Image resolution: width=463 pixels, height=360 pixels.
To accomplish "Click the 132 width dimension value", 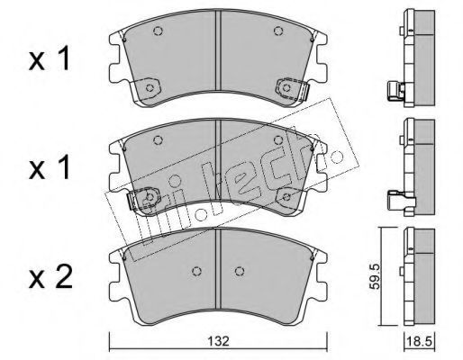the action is coord(219,341).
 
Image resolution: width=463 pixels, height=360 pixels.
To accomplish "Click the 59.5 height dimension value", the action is coord(375,276).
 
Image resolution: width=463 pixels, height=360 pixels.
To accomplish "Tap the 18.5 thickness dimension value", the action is coord(419,341).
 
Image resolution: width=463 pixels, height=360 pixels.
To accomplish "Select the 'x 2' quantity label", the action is coord(50,278).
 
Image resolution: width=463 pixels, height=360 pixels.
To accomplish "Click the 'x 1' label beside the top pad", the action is coord(50,59).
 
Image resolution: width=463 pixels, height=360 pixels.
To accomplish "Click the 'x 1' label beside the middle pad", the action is coord(50,168).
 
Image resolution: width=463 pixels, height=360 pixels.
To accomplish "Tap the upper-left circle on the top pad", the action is coord(158,31).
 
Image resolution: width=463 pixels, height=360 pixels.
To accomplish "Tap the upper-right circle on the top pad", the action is coord(278,31).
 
